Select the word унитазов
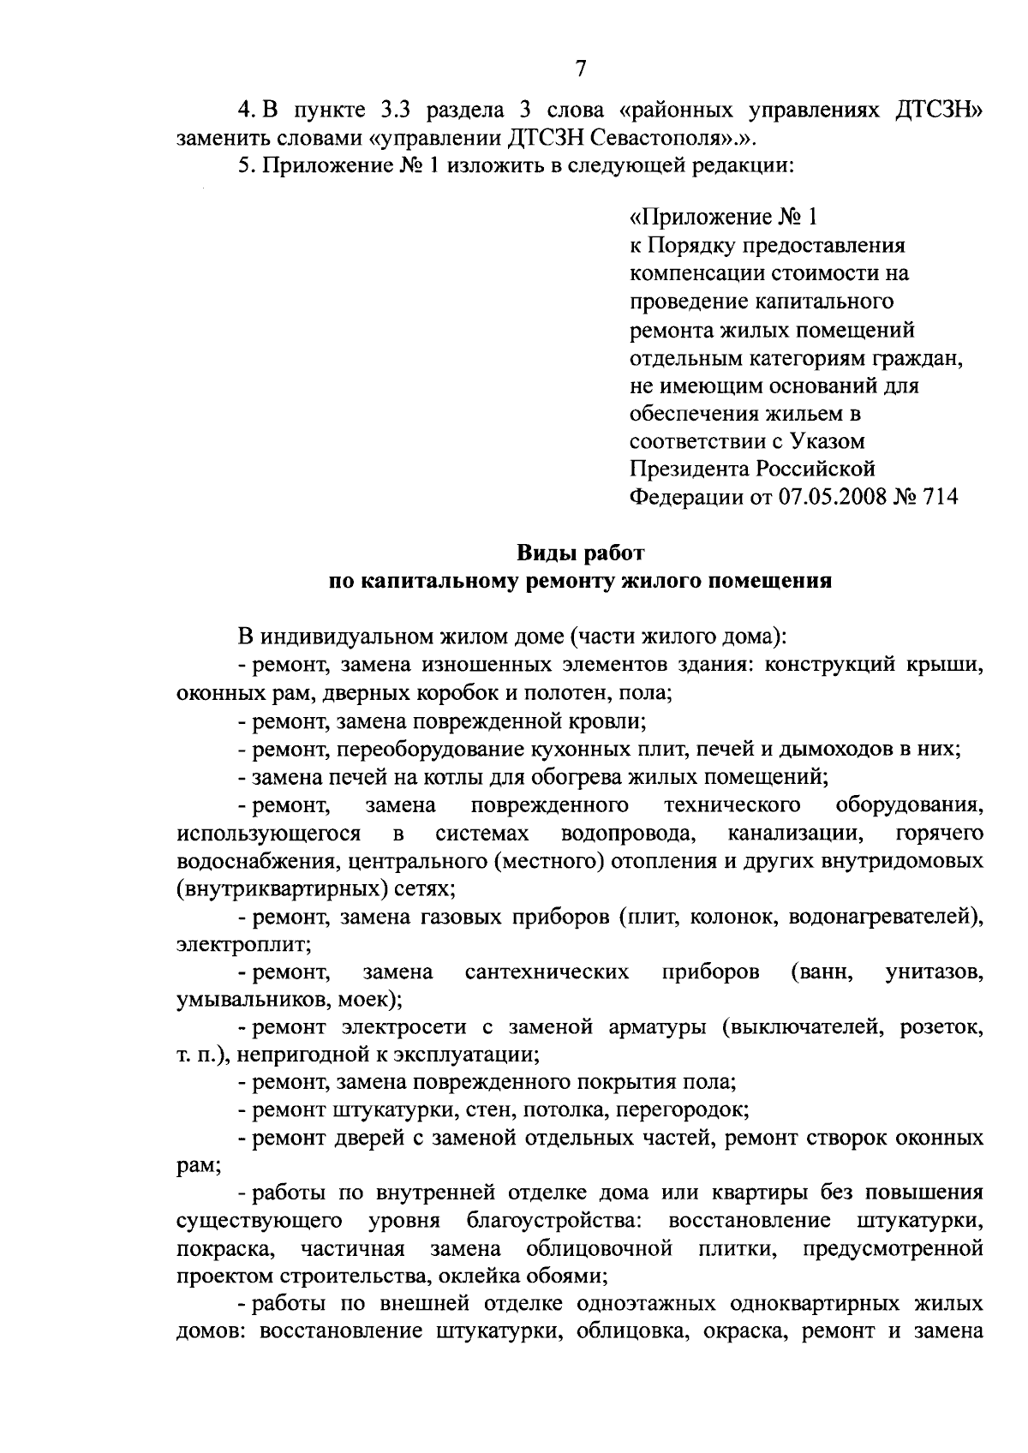(x=934, y=972)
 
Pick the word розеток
(x=941, y=1028)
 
